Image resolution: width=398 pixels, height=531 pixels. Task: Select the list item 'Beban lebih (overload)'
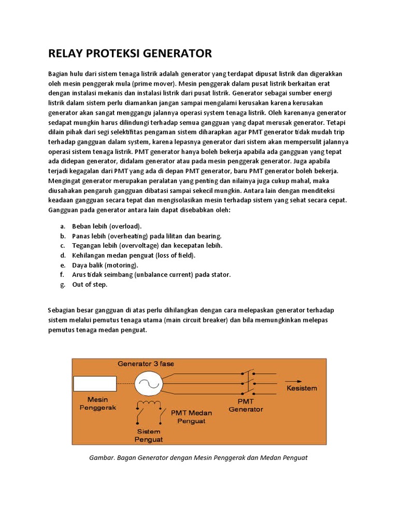click(107, 226)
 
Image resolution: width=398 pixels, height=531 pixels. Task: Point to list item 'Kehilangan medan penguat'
click(134, 255)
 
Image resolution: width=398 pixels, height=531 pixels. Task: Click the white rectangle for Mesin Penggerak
click(94, 384)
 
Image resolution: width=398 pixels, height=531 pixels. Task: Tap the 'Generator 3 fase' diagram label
click(146, 364)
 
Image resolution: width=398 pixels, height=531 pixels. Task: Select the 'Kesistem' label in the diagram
click(302, 388)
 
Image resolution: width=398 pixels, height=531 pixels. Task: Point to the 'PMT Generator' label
click(246, 405)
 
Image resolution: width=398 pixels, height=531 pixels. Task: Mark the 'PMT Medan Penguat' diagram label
click(191, 416)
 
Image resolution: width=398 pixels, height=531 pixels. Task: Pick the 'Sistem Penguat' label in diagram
click(149, 436)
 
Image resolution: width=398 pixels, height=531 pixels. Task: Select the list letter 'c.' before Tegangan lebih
click(62, 245)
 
